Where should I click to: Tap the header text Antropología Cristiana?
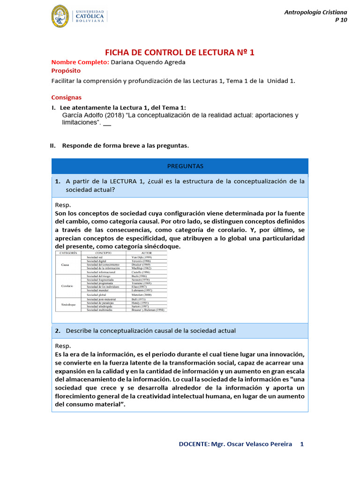click(x=315, y=12)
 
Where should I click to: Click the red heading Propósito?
click(x=66, y=71)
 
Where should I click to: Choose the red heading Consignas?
click(x=66, y=97)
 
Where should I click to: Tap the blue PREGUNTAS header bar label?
click(x=180, y=166)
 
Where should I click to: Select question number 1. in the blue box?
click(x=58, y=181)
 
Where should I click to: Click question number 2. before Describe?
click(x=58, y=331)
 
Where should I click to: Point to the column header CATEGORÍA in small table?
click(x=68, y=253)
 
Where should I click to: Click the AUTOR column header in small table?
click(x=147, y=253)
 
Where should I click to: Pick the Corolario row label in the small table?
click(x=68, y=286)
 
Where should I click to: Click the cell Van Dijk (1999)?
click(x=141, y=257)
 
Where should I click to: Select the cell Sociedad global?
click(x=97, y=294)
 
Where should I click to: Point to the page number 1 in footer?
click(x=302, y=444)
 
